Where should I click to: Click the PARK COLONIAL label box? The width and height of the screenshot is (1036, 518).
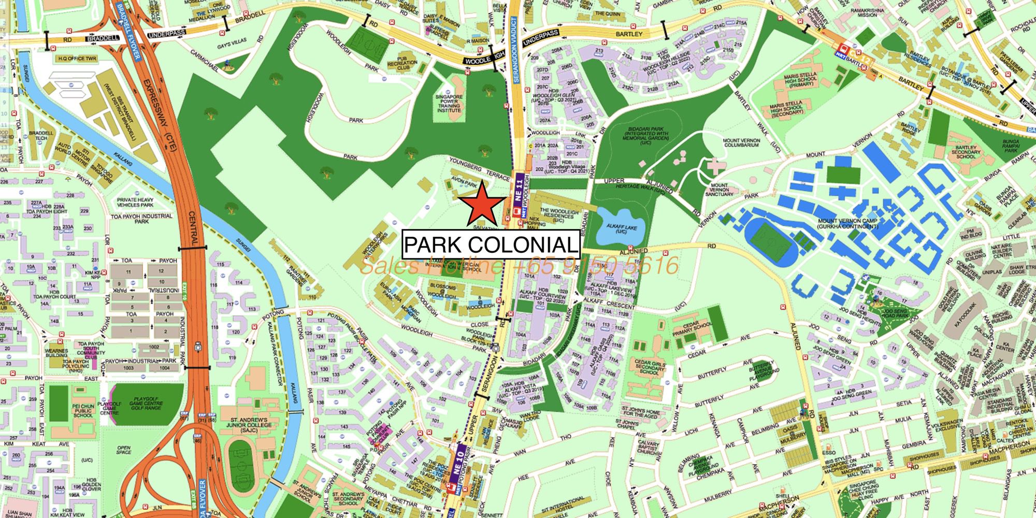click(491, 244)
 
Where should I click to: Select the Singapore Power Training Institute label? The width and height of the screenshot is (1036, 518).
click(449, 104)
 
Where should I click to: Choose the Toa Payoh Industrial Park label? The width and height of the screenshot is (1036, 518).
click(141, 219)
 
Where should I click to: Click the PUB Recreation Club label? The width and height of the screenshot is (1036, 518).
click(407, 65)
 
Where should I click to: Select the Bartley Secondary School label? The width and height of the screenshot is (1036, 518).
click(965, 152)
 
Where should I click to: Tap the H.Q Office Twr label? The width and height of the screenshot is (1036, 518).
click(77, 59)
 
